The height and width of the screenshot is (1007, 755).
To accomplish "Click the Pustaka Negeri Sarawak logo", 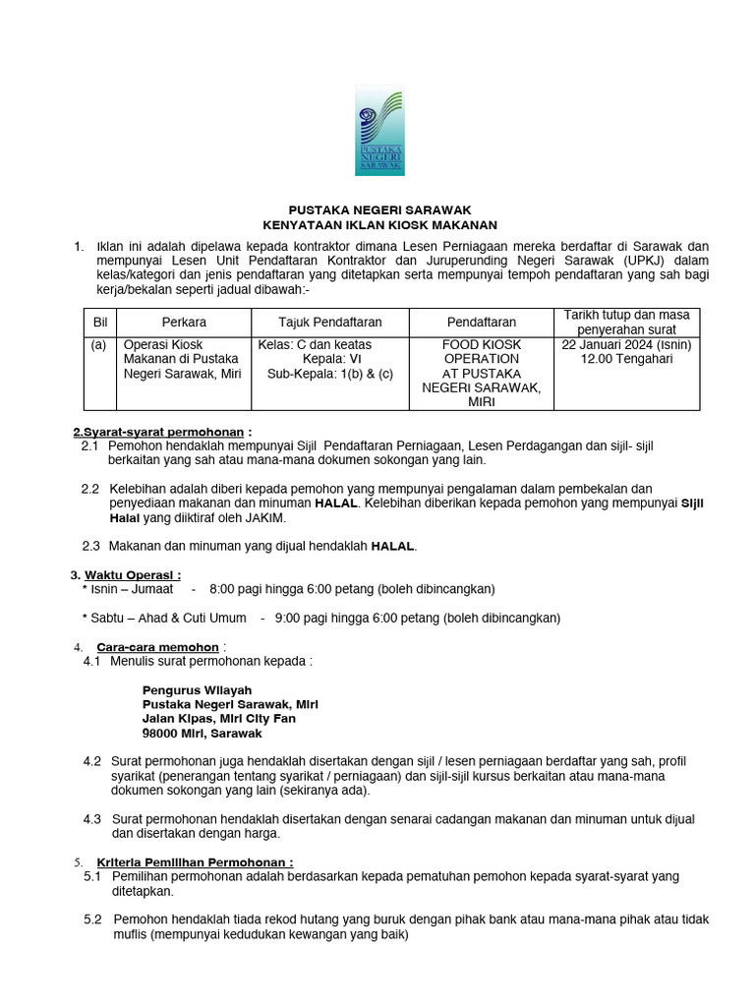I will (x=378, y=130).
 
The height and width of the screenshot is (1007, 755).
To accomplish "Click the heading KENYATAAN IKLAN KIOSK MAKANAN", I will (x=379, y=225).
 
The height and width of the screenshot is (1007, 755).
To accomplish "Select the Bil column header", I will (x=99, y=322).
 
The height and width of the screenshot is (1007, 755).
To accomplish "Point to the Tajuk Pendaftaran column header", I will (x=329, y=322).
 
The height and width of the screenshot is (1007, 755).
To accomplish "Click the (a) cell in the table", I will (x=99, y=345).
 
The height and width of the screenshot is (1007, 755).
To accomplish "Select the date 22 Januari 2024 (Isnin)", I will (x=626, y=345).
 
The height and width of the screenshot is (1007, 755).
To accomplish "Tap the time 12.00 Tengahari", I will (x=626, y=360).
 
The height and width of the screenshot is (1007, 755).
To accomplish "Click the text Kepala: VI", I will (x=329, y=360).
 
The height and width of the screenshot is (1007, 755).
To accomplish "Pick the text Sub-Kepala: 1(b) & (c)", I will (x=329, y=374).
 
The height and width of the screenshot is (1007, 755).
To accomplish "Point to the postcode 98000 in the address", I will (x=161, y=734).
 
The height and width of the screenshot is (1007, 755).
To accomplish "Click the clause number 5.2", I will (x=93, y=919).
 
